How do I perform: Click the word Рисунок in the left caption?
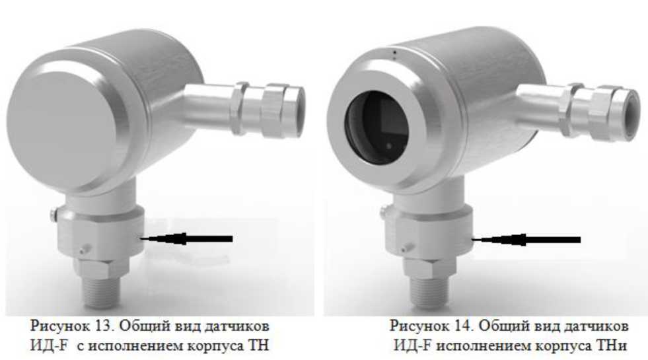pyautogui.click(x=60, y=326)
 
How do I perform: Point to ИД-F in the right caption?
pyautogui.click(x=412, y=345)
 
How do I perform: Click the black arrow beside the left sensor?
pyautogui.click(x=186, y=238)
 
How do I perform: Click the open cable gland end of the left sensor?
pyautogui.click(x=297, y=112)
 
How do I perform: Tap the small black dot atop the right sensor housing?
pyautogui.click(x=394, y=52)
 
